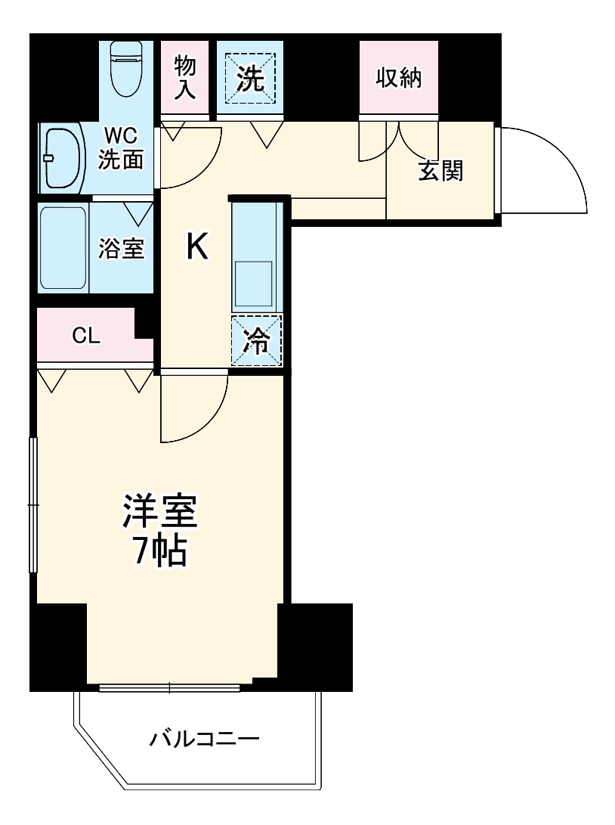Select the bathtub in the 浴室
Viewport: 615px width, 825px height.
[x=63, y=247]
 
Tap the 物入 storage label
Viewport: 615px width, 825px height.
[x=184, y=77]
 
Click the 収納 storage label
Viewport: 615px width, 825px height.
[x=398, y=78]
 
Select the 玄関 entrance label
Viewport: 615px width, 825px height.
[x=440, y=172]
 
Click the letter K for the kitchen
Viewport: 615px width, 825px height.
[x=197, y=247]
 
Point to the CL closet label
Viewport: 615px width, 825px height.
[x=86, y=337]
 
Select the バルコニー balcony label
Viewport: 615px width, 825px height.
[x=204, y=737]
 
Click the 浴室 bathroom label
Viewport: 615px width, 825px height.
[x=121, y=249]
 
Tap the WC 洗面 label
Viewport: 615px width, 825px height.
[x=121, y=148]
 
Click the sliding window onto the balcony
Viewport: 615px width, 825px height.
[x=169, y=687]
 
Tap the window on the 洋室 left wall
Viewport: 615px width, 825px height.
[x=32, y=504]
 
